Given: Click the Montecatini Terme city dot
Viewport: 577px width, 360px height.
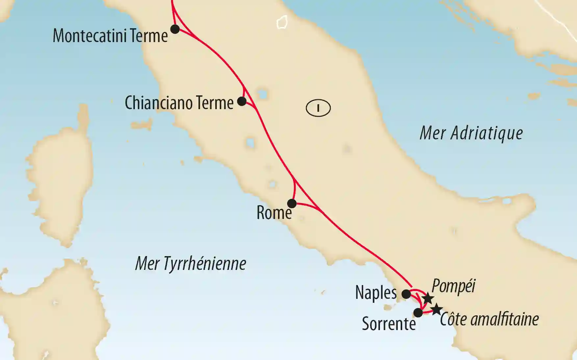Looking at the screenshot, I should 175,29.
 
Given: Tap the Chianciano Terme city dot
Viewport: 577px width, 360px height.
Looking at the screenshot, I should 242,101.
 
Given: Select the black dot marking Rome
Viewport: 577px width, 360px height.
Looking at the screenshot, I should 292,203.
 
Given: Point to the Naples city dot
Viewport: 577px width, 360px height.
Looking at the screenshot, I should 406,294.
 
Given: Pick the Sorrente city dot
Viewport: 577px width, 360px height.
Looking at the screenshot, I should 418,312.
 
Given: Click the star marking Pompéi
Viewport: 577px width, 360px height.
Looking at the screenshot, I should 428,299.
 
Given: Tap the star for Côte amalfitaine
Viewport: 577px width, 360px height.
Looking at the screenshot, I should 437,309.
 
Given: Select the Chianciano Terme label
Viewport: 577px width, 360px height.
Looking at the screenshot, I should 179,103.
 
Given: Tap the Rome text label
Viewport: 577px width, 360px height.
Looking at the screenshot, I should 274,213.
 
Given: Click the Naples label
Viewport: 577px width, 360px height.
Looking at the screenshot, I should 376,292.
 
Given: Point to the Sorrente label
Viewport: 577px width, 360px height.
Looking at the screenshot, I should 389,324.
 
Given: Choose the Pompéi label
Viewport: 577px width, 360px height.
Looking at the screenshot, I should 453,286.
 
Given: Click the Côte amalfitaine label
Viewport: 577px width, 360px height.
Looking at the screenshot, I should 489,319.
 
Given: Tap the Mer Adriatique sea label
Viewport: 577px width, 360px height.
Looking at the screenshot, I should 471,133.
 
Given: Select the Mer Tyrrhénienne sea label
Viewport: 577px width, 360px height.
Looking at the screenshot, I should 191,263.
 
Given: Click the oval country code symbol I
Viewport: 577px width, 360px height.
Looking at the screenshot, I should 318,108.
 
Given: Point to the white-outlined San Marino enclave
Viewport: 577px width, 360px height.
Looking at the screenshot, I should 282,22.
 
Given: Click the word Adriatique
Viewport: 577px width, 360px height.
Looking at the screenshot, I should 487,133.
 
